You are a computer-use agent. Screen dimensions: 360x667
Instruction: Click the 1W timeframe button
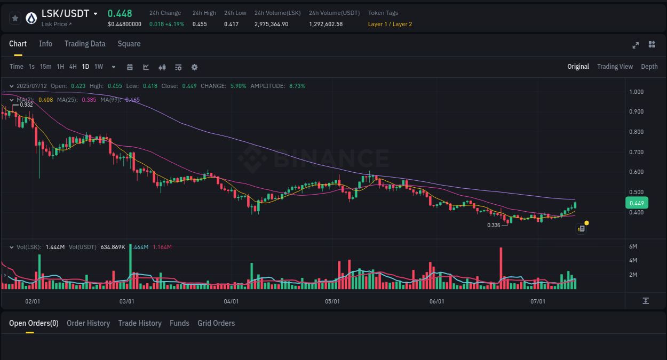click(x=99, y=67)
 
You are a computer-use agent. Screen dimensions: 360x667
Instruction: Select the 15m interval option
click(x=46, y=67)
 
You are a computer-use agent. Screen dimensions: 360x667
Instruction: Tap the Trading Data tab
click(x=85, y=44)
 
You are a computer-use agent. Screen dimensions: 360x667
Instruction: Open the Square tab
click(x=129, y=44)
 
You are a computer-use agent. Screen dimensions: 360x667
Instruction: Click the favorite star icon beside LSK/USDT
click(x=15, y=18)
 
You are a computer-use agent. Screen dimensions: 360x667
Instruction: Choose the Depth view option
click(x=649, y=67)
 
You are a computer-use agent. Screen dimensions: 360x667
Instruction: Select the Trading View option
click(x=615, y=67)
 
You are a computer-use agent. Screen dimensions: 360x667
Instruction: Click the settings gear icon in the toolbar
click(x=194, y=67)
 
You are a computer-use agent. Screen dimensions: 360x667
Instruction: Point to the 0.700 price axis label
click(x=636, y=152)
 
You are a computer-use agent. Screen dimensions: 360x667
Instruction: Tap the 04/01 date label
click(x=231, y=301)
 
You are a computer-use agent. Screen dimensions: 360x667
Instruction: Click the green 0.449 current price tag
click(x=637, y=203)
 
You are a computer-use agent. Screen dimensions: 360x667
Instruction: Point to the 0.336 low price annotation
click(x=494, y=225)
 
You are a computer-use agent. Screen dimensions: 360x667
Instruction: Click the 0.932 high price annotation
click(x=26, y=105)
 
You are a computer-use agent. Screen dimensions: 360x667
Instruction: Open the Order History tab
click(x=88, y=323)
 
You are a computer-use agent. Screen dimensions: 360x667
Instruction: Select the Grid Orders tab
click(x=216, y=323)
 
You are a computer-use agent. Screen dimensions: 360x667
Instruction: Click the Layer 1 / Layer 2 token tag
click(x=390, y=24)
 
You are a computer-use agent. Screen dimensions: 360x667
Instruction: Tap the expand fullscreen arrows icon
click(x=636, y=45)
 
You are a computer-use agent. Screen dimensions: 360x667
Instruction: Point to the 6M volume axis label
click(x=634, y=246)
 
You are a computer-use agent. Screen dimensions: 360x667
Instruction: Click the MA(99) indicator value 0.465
click(x=132, y=100)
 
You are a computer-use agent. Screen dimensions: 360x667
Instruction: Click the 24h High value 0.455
click(x=200, y=24)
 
